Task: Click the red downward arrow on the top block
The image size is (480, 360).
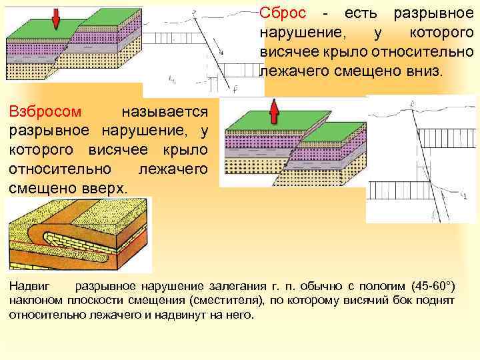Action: point(56,18)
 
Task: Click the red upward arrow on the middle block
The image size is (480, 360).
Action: point(273,113)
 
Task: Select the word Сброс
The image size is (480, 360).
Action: point(283,14)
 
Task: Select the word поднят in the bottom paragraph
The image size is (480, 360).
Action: point(438,301)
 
